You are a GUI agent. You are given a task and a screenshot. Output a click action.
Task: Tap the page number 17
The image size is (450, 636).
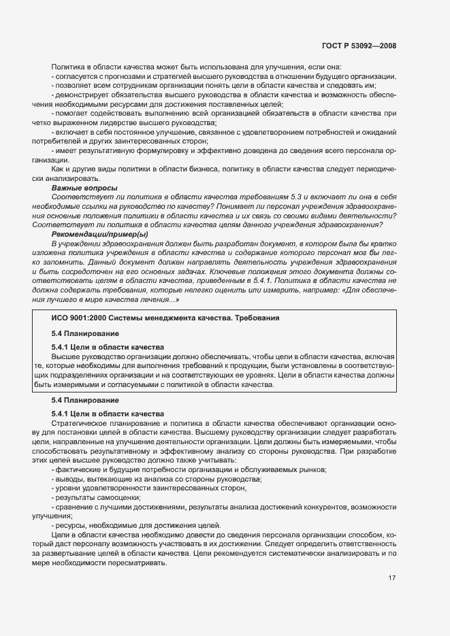(x=391, y=578)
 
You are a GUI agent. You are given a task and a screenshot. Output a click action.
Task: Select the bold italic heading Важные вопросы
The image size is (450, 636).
(x=84, y=188)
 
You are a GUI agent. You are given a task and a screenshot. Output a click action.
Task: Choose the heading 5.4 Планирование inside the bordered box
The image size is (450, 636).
(x=85, y=334)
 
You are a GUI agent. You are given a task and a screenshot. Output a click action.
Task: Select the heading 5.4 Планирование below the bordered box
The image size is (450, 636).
(x=85, y=400)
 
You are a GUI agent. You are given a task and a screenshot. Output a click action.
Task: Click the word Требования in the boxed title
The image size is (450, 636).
(x=253, y=318)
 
